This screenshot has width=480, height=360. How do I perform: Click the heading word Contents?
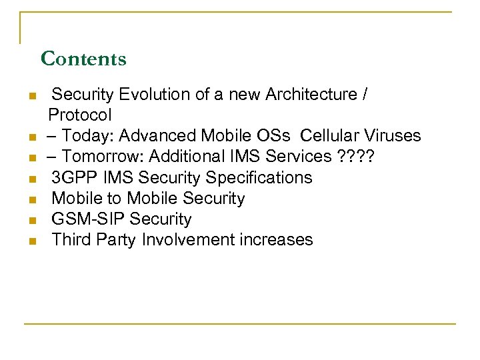83,59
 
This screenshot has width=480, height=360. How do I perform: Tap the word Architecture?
312,95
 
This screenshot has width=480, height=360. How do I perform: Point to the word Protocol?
80,114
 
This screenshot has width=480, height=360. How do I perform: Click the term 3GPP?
72,177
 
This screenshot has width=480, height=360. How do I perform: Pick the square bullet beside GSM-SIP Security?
31,220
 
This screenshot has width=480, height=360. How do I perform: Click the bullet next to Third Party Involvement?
31,241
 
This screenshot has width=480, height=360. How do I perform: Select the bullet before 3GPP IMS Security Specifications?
31,179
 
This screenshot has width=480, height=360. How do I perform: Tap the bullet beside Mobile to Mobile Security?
31,199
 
